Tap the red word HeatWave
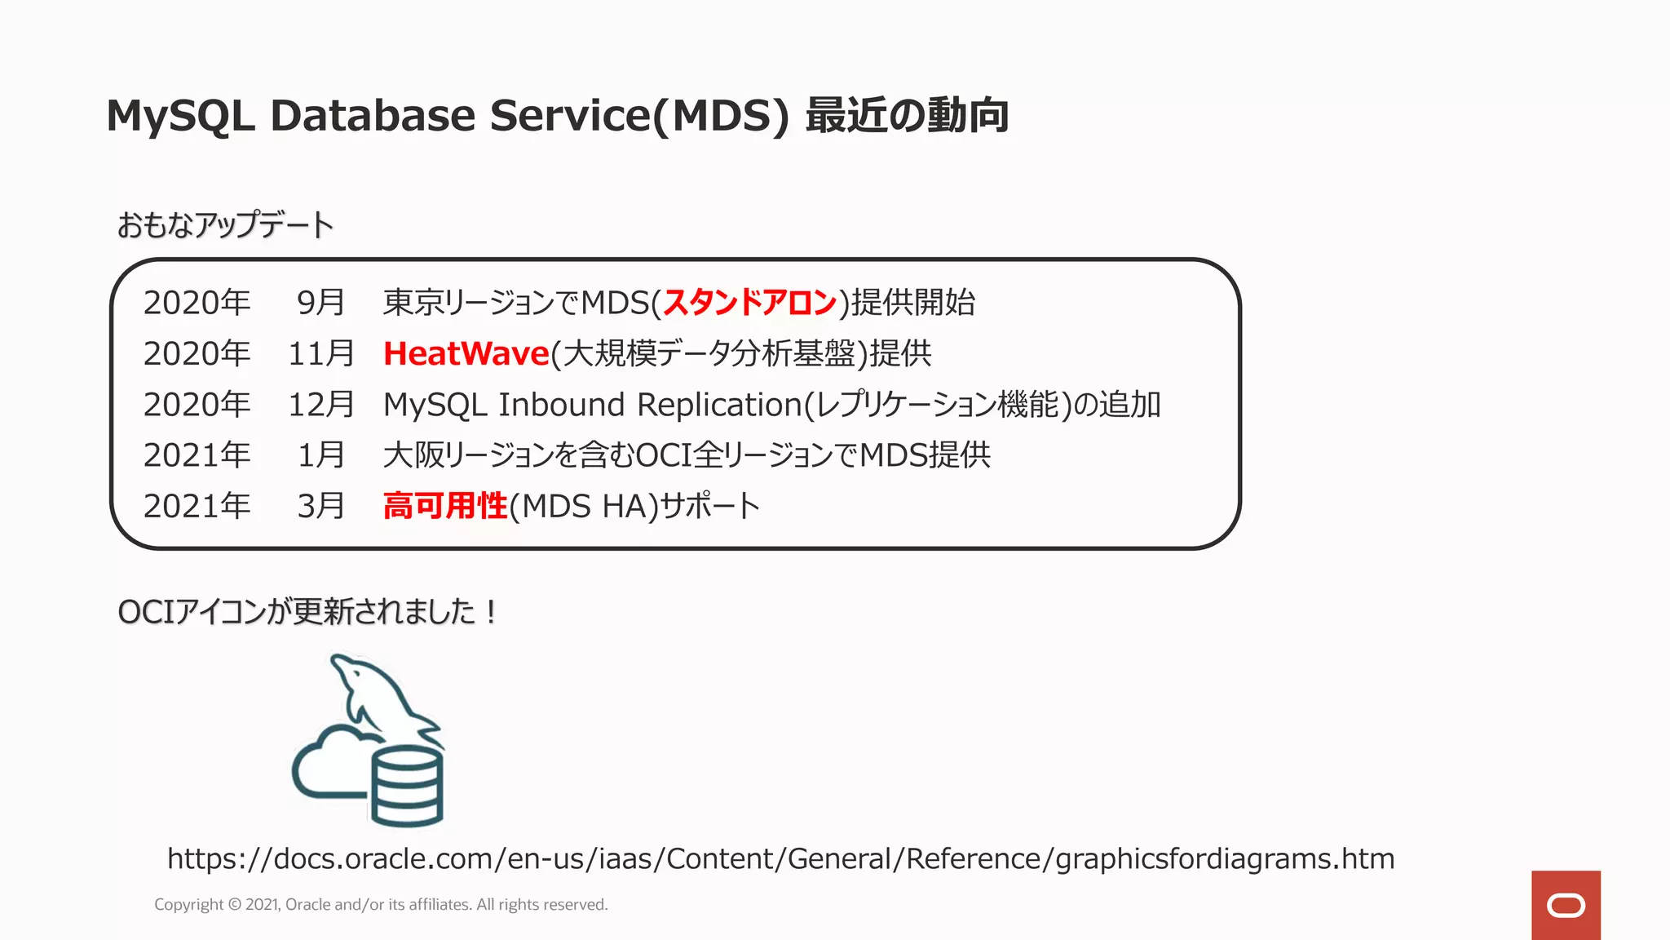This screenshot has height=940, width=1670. (466, 353)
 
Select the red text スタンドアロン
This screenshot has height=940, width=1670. (749, 303)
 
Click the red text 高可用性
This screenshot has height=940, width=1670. (445, 506)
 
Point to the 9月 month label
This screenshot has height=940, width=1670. (320, 303)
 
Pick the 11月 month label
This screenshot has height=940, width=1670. (320, 353)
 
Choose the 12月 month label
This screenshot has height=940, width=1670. (320, 405)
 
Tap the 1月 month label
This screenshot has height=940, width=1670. (320, 455)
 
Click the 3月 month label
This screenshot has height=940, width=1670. (320, 506)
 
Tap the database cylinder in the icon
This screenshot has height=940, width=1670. (407, 785)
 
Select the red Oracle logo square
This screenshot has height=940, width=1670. (1566, 905)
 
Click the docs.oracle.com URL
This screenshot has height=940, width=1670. (780, 858)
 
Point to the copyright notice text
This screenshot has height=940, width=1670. (381, 904)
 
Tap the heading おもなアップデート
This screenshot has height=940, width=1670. (225, 225)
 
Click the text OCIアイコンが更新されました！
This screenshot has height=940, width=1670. (308, 611)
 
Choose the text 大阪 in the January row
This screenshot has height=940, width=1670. (414, 455)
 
